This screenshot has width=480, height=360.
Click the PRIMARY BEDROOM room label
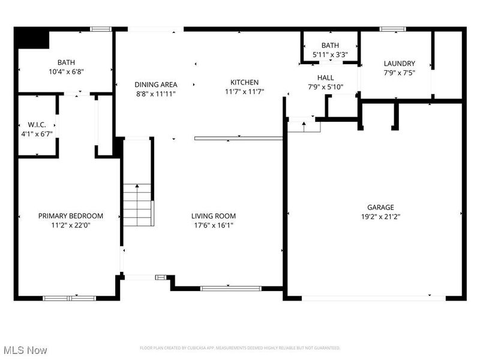[x=71, y=216]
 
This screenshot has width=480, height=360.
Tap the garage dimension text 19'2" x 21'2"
[x=381, y=217]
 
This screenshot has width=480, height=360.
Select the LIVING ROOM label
[x=214, y=216]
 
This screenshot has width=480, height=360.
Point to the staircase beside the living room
[x=137, y=205]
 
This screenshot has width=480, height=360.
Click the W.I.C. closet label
[x=37, y=125]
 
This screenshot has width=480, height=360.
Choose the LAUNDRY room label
[x=400, y=64]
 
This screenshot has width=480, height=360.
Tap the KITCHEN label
[x=245, y=83]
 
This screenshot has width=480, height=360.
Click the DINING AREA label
[x=156, y=85]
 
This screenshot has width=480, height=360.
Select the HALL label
[x=326, y=78]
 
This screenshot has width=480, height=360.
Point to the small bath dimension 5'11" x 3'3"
[x=330, y=55]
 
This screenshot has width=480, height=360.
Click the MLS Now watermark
[x=25, y=349]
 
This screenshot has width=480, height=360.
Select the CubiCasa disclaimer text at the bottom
[x=240, y=348]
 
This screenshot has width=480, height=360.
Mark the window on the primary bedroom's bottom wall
[x=69, y=298]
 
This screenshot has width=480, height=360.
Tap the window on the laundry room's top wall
[x=392, y=28]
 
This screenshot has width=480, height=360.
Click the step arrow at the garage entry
[x=303, y=126]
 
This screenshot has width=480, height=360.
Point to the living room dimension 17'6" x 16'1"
[x=214, y=226]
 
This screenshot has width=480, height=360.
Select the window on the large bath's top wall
[x=100, y=28]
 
